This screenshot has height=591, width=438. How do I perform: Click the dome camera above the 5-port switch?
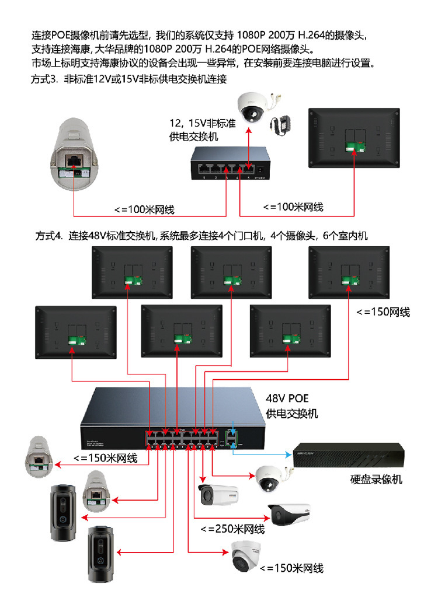(252, 107)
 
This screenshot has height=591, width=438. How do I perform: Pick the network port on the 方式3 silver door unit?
(75, 159)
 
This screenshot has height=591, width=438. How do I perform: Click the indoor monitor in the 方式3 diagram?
(354, 141)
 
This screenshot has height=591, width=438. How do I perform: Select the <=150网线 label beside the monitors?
(383, 312)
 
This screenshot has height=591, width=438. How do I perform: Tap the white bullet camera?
(219, 495)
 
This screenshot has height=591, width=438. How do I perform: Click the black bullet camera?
(290, 513)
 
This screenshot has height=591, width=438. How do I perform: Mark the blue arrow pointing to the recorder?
(263, 453)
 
